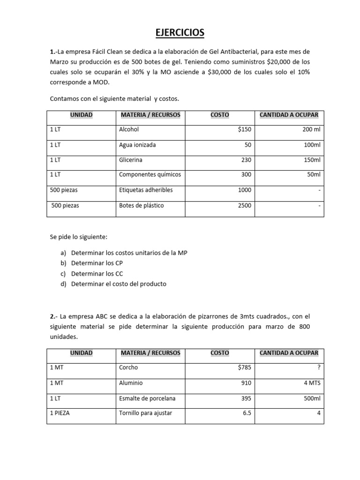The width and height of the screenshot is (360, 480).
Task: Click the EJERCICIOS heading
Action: click(x=180, y=32)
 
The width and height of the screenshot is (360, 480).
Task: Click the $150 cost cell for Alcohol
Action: click(x=244, y=130)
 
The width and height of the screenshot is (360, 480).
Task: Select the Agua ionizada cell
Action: click(x=138, y=145)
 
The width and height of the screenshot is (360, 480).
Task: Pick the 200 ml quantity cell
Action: click(x=311, y=130)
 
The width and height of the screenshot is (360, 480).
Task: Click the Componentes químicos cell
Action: click(x=150, y=175)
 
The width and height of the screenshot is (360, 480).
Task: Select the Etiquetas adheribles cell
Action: click(x=146, y=190)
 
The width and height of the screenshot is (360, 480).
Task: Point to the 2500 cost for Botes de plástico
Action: click(x=244, y=205)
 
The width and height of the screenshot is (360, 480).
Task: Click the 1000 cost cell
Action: click(x=244, y=190)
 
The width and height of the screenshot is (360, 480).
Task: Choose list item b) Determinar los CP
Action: click(x=97, y=263)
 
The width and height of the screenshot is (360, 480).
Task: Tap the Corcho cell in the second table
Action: click(x=129, y=368)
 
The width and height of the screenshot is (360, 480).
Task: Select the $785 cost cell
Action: click(x=244, y=368)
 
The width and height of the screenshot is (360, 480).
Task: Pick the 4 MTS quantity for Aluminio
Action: click(x=311, y=383)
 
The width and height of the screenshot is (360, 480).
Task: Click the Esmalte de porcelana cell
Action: click(x=148, y=398)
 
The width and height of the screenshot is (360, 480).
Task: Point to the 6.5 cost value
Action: click(x=247, y=413)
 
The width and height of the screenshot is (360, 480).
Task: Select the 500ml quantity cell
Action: click(x=311, y=398)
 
